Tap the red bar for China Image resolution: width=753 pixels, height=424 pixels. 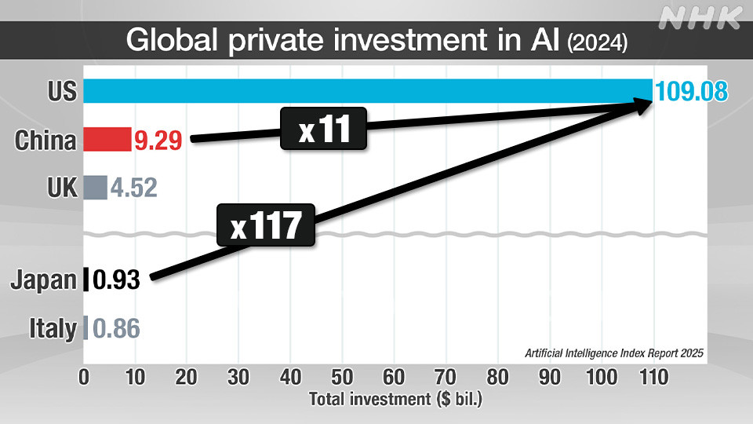point(107,140)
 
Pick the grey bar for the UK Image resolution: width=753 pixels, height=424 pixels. point(95,188)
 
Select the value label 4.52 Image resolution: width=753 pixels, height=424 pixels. point(133,188)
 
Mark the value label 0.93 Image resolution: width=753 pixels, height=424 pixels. point(116,280)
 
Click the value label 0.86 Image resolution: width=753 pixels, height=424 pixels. point(116,327)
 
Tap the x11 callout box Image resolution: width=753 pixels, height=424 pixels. point(324,129)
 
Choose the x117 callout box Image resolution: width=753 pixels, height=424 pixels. point(267,227)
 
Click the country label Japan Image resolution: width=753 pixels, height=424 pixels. point(43,280)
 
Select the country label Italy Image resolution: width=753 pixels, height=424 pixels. point(53,327)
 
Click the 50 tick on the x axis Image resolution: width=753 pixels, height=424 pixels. point(342,377)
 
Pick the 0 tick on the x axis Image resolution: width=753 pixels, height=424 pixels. point(84,377)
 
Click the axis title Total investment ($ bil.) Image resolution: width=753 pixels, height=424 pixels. point(395,400)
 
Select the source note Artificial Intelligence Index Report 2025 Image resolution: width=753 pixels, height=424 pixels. point(614,353)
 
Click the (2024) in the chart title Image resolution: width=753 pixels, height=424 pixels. point(597,42)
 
